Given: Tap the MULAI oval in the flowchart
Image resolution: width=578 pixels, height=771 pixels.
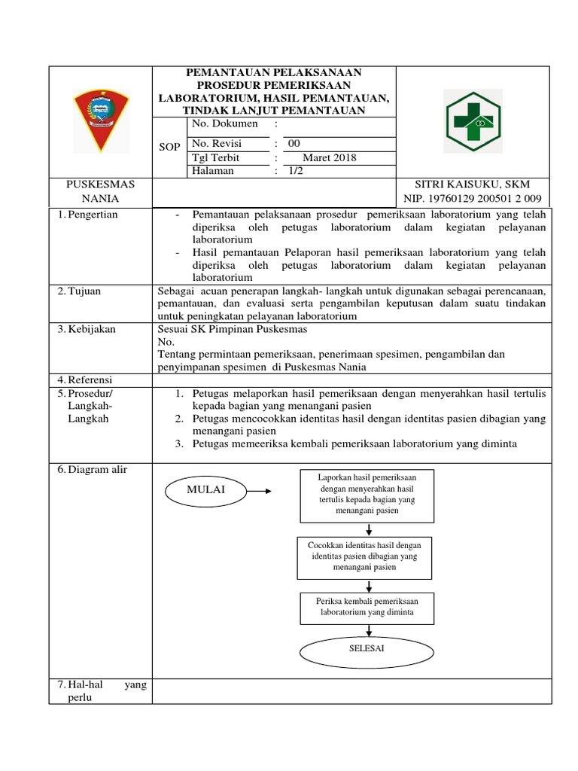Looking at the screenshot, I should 205,491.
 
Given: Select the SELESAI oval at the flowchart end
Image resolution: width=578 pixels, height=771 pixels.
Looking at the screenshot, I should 367,650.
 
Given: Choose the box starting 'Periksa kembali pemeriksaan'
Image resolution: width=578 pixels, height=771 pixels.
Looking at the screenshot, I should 367,608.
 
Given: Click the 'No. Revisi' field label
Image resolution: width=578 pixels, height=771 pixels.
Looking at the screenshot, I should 218,144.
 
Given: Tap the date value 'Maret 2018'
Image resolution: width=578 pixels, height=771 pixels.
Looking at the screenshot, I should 329,158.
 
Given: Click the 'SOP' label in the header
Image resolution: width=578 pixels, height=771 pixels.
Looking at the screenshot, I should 170,148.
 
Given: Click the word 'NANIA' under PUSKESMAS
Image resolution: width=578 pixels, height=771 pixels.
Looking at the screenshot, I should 100,199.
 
